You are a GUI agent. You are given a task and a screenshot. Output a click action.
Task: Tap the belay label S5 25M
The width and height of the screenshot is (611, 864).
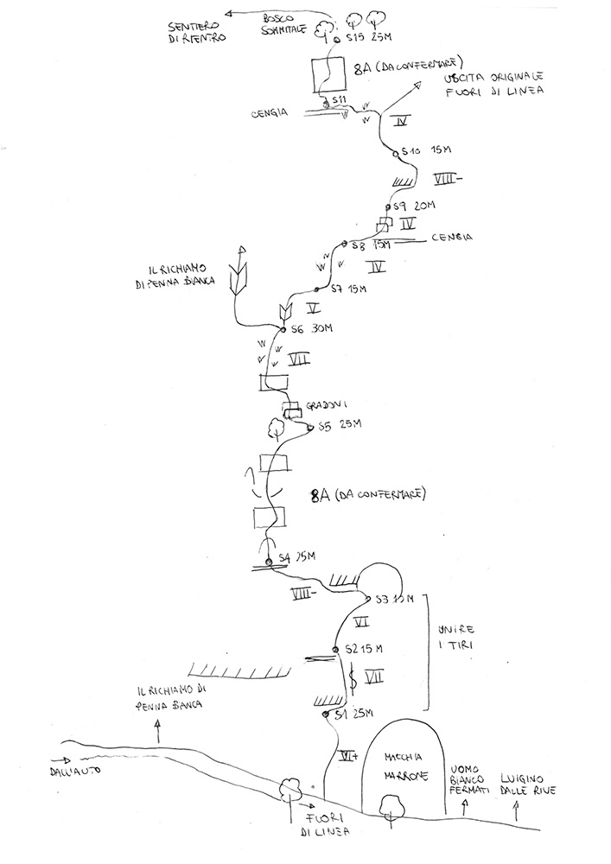tap(340, 425)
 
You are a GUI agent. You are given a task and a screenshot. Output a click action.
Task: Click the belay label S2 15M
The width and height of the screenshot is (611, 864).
tap(364, 649)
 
